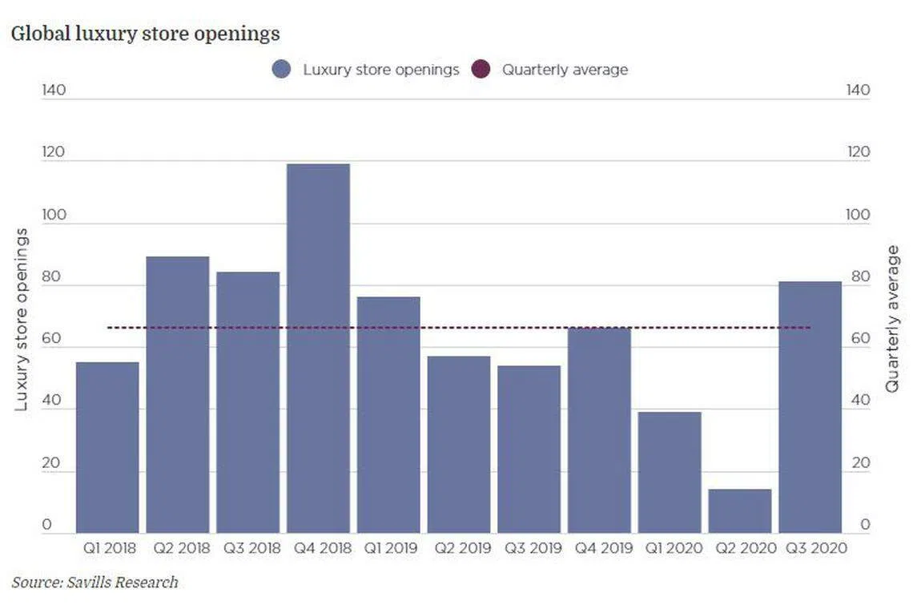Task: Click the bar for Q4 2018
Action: coord(318,349)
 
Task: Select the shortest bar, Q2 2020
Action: coord(740,511)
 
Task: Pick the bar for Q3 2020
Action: coord(810,407)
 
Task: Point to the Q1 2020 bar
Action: coord(670,472)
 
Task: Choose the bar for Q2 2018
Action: coord(178,394)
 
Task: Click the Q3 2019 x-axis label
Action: coord(529,549)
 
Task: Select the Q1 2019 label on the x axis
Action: coord(388,549)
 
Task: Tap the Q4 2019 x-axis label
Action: coord(599,549)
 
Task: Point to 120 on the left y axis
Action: coord(54,152)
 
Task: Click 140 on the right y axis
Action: coord(857,90)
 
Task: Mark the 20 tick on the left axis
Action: coord(51,463)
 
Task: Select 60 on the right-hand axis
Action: coord(859,339)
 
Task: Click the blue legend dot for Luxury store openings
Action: coord(281,70)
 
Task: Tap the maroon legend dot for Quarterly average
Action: coord(481,70)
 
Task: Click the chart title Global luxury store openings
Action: coord(145,34)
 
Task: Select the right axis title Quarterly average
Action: coord(892,319)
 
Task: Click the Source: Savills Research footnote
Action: coord(95,583)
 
